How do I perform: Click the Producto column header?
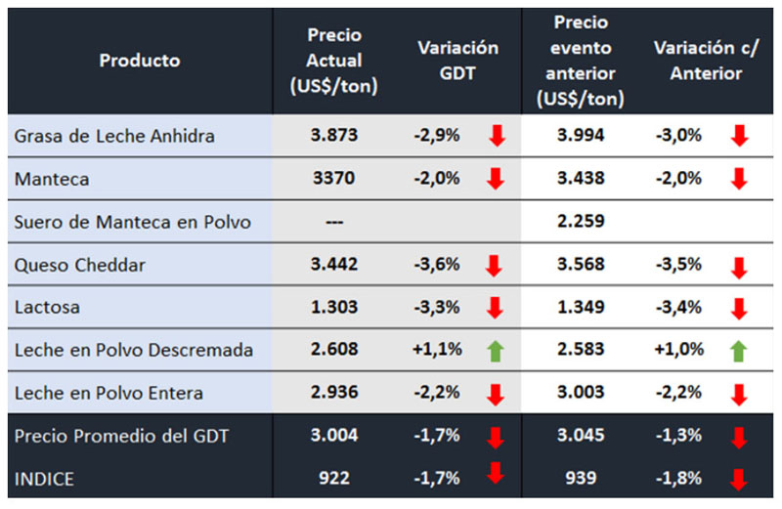coord(140,61)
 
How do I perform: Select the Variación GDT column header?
coord(457,61)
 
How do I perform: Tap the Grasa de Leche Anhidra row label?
coord(114,136)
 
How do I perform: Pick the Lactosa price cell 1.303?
coord(335,307)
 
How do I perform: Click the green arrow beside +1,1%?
coord(497,350)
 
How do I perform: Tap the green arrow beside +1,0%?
coord(739,350)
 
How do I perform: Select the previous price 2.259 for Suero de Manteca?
coord(581,221)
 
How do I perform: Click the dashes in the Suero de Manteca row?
coord(335,221)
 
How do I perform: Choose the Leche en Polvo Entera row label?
coord(109,393)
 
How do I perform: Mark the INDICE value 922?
coord(335,478)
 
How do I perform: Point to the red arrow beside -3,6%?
coord(497,266)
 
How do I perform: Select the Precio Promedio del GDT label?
coord(121,436)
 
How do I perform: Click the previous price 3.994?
coord(581,136)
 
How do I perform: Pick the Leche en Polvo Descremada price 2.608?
coord(335,350)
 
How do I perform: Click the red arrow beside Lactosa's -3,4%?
coord(739,309)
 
